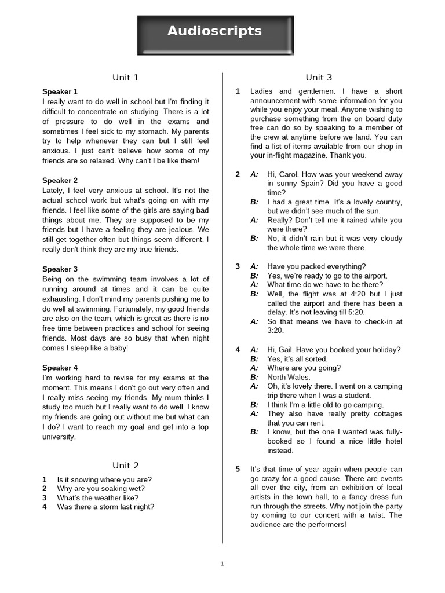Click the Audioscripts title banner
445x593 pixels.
coord(215,32)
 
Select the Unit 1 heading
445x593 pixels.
coord(126,78)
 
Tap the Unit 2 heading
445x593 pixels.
coord(126,466)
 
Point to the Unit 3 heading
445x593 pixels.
coord(319,78)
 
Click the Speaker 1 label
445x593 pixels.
coord(60,91)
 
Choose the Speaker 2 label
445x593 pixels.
coord(60,181)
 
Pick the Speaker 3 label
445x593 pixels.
coord(60,269)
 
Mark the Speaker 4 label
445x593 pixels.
coord(60,368)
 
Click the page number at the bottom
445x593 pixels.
coord(222,563)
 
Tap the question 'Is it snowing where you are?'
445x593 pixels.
coord(104,479)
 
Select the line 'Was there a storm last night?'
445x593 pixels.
coord(105,507)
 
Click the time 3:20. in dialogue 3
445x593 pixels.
coord(276,331)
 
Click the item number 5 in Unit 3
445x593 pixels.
coord(238,469)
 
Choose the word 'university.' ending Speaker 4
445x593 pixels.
coord(59,437)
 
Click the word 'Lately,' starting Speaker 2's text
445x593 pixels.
coord(54,191)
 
